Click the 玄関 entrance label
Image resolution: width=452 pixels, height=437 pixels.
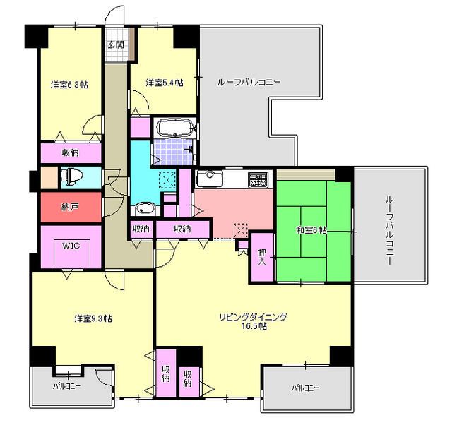(x=116, y=44)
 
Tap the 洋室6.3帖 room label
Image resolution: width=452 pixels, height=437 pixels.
(x=69, y=85)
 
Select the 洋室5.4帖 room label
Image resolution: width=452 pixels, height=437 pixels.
(x=165, y=83)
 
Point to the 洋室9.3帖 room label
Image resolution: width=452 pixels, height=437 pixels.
(x=93, y=318)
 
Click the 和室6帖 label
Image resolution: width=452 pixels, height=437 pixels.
(x=311, y=230)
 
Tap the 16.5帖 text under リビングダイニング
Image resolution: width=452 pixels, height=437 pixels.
(x=254, y=326)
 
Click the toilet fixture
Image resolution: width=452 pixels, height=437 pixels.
(x=71, y=177)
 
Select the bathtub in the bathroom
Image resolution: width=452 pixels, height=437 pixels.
(x=174, y=127)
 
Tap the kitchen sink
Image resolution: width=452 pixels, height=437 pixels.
(x=209, y=178)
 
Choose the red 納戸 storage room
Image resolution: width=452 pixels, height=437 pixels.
(x=71, y=207)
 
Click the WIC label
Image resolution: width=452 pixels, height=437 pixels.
(x=71, y=246)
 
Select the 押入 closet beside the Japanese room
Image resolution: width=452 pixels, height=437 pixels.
(x=262, y=257)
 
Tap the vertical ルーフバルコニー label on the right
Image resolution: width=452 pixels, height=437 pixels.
(x=389, y=230)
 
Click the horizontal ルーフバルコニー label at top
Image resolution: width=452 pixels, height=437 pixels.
(x=249, y=83)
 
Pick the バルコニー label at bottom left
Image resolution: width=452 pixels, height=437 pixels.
(x=66, y=386)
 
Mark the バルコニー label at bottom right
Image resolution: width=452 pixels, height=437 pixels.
(x=305, y=388)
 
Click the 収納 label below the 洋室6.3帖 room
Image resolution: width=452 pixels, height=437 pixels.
(x=71, y=152)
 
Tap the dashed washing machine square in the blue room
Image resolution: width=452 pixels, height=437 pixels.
(x=167, y=180)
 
